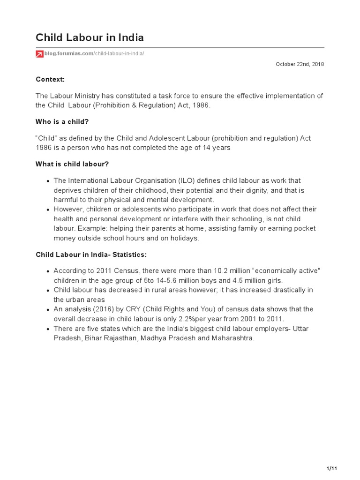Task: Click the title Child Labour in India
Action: tap(90, 37)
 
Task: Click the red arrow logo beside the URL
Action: tap(39, 54)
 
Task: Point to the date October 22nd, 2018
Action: tap(300, 64)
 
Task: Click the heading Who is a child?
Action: tap(62, 122)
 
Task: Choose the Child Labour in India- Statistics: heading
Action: tap(91, 255)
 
